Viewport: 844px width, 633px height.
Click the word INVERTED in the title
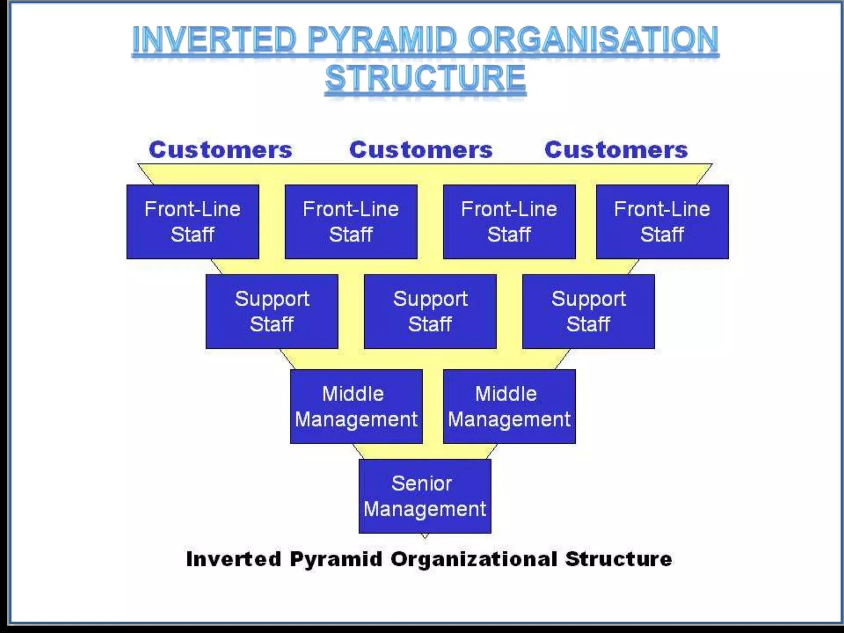click(214, 40)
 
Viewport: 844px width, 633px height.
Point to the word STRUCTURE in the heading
click(425, 78)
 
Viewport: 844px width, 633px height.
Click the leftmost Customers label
click(220, 150)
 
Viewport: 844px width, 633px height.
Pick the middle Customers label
click(421, 150)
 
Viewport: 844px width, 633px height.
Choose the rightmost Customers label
click(616, 150)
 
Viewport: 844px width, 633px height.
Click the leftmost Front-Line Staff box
click(192, 222)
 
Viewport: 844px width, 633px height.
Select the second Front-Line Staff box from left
click(351, 222)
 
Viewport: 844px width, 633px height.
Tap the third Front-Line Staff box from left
click(509, 222)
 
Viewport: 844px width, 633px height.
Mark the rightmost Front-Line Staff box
click(662, 222)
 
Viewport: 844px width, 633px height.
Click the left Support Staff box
click(272, 312)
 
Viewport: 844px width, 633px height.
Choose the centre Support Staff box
click(430, 312)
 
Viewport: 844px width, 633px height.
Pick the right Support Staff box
click(588, 312)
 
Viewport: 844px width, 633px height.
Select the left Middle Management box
click(356, 406)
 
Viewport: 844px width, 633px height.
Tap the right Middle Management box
click(509, 406)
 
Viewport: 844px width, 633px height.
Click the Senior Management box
click(424, 496)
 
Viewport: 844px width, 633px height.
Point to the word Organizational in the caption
click(474, 559)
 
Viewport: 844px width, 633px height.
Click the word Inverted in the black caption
click(233, 559)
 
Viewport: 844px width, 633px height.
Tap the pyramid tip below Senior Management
click(425, 536)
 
